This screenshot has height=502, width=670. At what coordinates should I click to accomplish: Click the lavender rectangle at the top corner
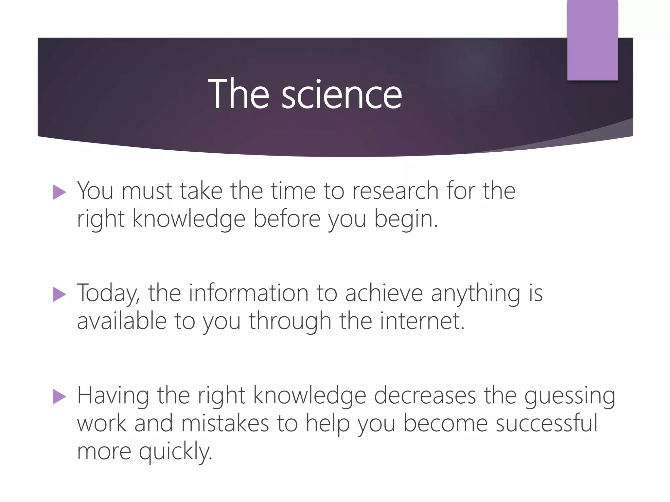pos(592,40)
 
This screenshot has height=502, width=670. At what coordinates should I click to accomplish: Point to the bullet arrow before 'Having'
pos(59,397)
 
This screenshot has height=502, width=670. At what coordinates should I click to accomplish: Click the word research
pos(395,191)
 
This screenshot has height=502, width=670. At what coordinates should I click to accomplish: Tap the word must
pos(147,191)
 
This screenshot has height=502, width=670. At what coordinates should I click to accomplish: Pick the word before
pos(287,219)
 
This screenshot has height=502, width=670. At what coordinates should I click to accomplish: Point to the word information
pos(249,293)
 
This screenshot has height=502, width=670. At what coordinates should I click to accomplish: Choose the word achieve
pos(384,293)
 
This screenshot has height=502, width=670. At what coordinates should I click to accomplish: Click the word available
pos(122,321)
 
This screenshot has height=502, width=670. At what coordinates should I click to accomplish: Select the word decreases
pos(425,395)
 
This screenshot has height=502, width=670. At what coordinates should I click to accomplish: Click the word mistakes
pos(225,424)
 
